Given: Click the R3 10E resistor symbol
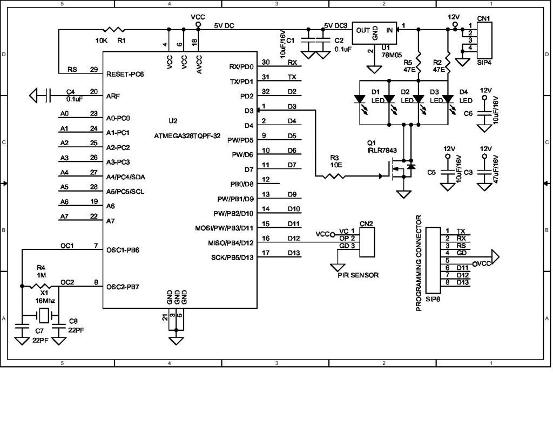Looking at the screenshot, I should coord(336,176).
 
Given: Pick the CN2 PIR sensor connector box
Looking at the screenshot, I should coord(367,241).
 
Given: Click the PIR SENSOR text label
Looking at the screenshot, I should coord(354,275).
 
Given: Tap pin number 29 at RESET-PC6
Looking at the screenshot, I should coord(94,70).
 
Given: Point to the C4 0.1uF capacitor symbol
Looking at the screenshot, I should coord(49,96).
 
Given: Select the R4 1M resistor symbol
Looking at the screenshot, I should coord(41,286).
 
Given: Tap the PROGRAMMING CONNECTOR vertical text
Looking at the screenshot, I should coord(419,263).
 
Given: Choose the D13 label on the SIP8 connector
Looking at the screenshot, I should coord(462,282).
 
